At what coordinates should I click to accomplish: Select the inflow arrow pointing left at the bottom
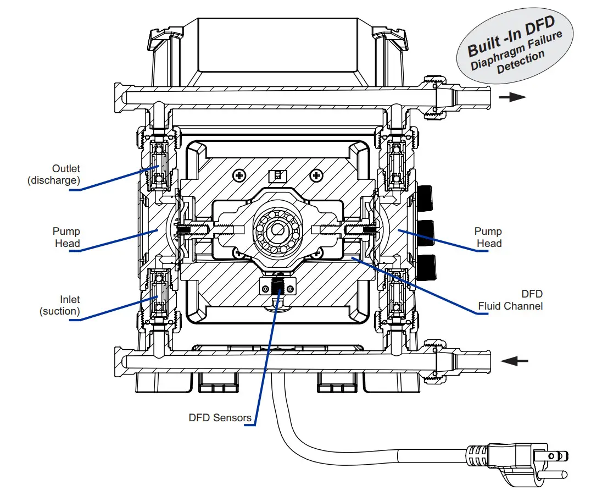[x=515, y=361]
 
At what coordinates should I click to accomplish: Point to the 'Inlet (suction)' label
[x=60, y=305]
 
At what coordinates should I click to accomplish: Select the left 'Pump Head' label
[x=66, y=238]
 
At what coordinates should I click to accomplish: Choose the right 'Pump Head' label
[x=488, y=238]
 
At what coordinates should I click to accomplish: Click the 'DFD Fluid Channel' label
[x=510, y=300]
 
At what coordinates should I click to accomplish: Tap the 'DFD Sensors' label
[x=220, y=417]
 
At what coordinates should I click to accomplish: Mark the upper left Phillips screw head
[x=239, y=175]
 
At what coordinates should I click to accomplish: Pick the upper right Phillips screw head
[x=316, y=175]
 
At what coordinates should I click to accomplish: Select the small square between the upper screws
[x=278, y=175]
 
